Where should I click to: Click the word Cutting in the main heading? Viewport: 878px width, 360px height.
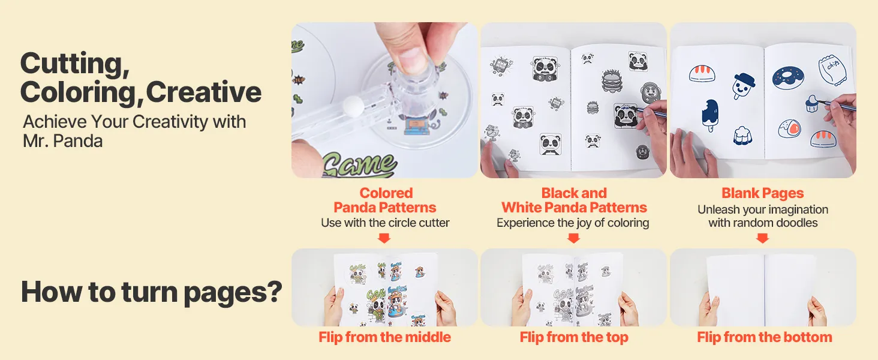click(74, 64)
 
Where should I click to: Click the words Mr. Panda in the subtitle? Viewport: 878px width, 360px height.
click(63, 141)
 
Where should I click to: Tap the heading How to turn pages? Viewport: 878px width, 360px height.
click(152, 293)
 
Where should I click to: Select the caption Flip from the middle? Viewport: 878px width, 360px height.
click(384, 337)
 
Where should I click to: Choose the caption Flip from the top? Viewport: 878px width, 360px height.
click(574, 337)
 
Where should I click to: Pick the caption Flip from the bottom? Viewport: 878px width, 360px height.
click(764, 337)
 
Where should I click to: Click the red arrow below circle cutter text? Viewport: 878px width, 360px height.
click(384, 238)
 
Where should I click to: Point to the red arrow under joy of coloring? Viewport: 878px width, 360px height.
click(573, 238)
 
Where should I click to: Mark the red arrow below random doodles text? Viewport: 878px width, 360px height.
click(762, 238)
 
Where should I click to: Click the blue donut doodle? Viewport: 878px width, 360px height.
click(788, 77)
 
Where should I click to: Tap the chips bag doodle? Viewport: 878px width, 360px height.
click(832, 70)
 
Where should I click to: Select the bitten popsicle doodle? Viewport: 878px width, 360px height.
click(710, 115)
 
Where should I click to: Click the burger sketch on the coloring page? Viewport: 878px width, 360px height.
click(612, 81)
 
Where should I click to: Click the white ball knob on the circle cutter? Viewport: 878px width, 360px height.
click(353, 106)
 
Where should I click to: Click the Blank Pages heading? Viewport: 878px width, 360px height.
click(763, 193)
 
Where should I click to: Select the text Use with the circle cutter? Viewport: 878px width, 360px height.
click(385, 223)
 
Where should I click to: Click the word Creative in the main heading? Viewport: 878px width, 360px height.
click(203, 92)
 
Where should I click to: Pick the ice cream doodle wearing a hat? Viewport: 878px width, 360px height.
click(742, 86)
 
